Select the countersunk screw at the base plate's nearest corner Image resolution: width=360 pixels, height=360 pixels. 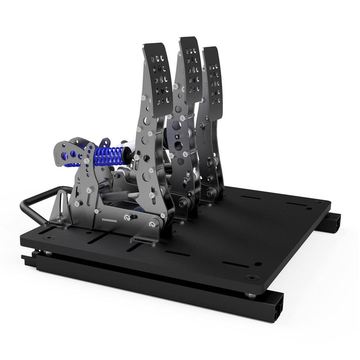tap(251, 278)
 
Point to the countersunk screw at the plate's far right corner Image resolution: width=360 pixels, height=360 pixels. tap(308, 208)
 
